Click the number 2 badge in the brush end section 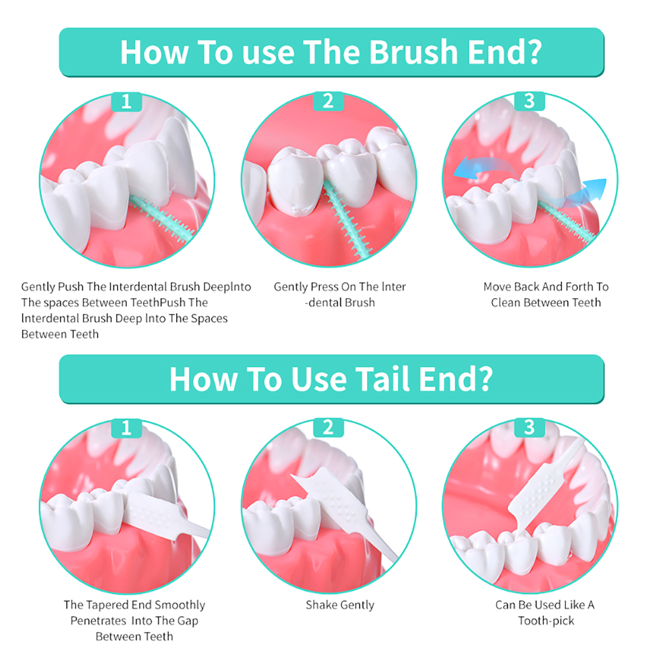[328, 101]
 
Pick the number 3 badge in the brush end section [529, 101]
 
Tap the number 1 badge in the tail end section [127, 428]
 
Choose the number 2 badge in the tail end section [328, 428]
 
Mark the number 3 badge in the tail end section [529, 428]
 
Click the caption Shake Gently [340, 605]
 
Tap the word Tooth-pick [546, 621]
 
